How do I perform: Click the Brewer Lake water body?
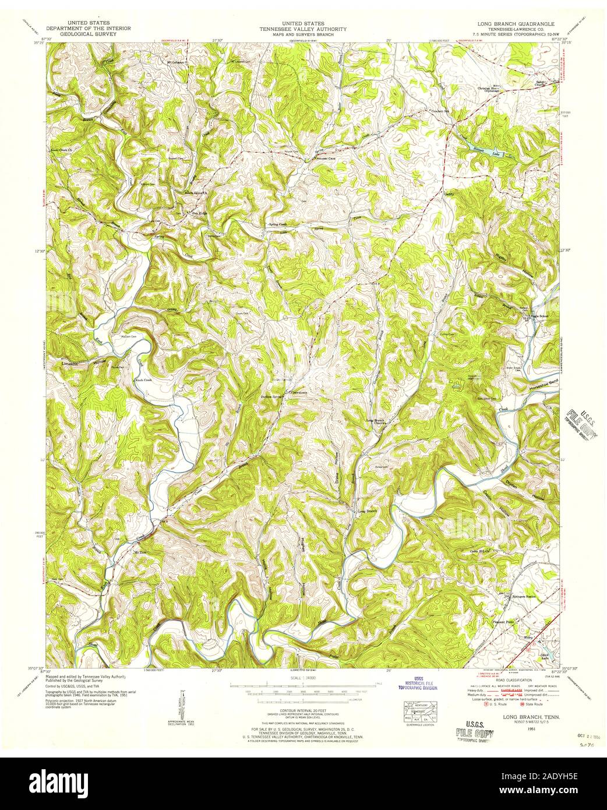[x=486, y=153]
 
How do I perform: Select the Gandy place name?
[x=449, y=194]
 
